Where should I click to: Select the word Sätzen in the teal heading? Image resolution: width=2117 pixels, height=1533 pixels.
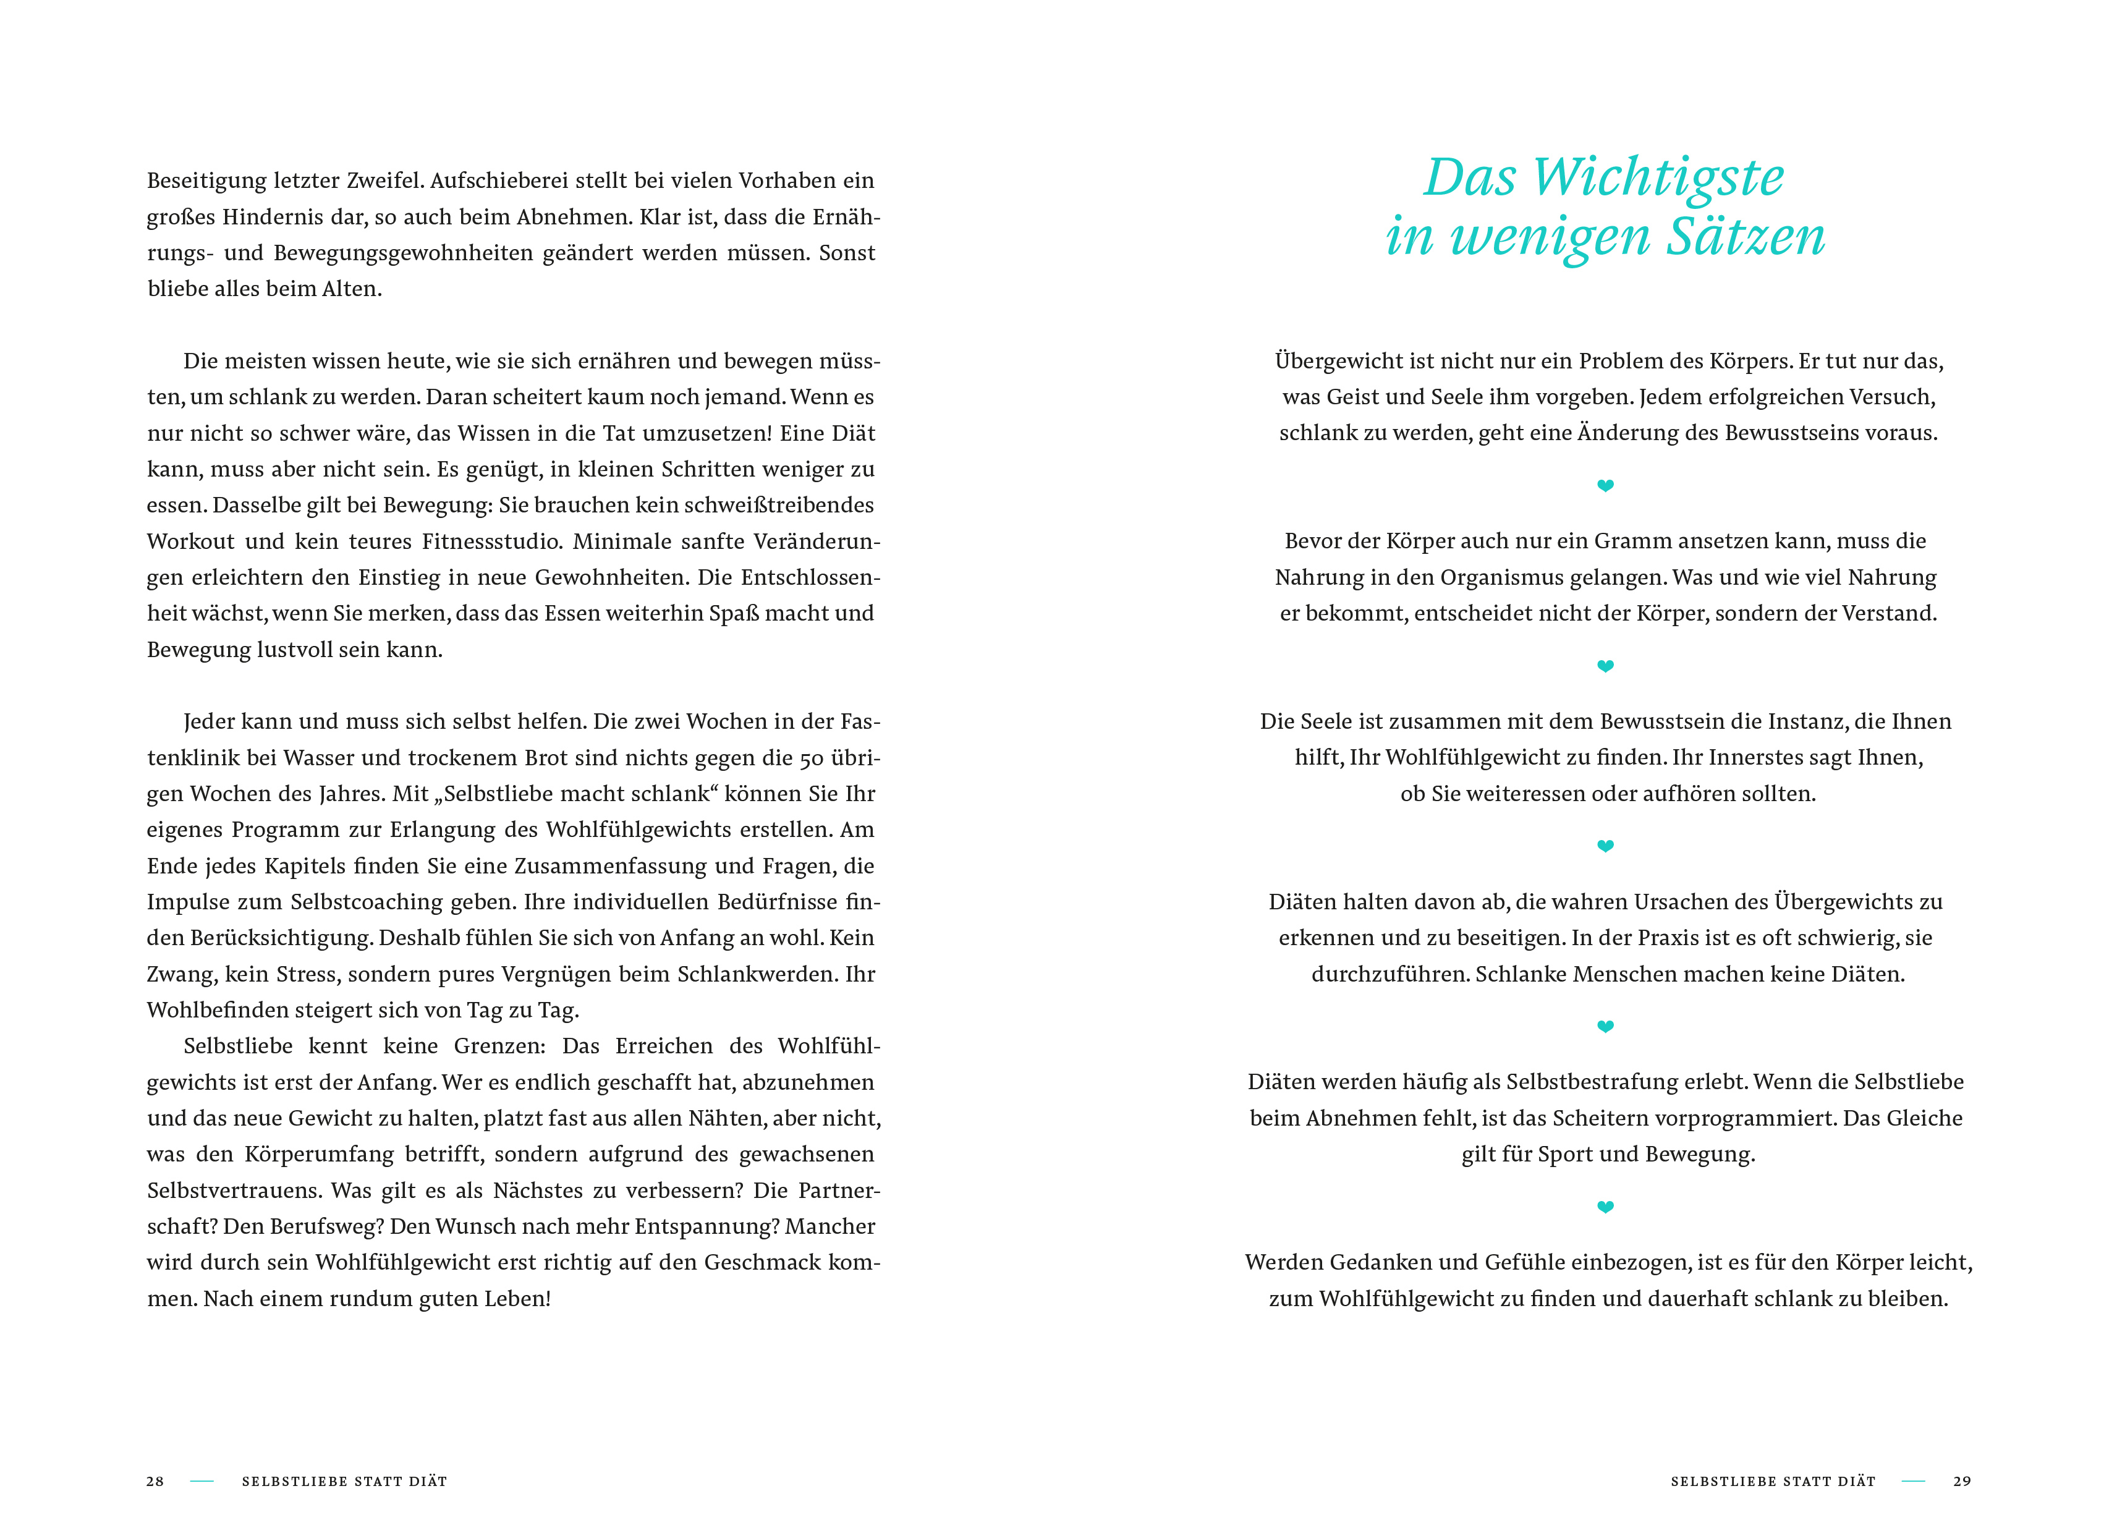pyautogui.click(x=1746, y=237)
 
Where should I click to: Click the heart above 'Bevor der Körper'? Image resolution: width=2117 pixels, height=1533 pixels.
pyautogui.click(x=1605, y=485)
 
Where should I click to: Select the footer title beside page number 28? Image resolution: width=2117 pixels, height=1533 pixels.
pyautogui.click(x=344, y=1482)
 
